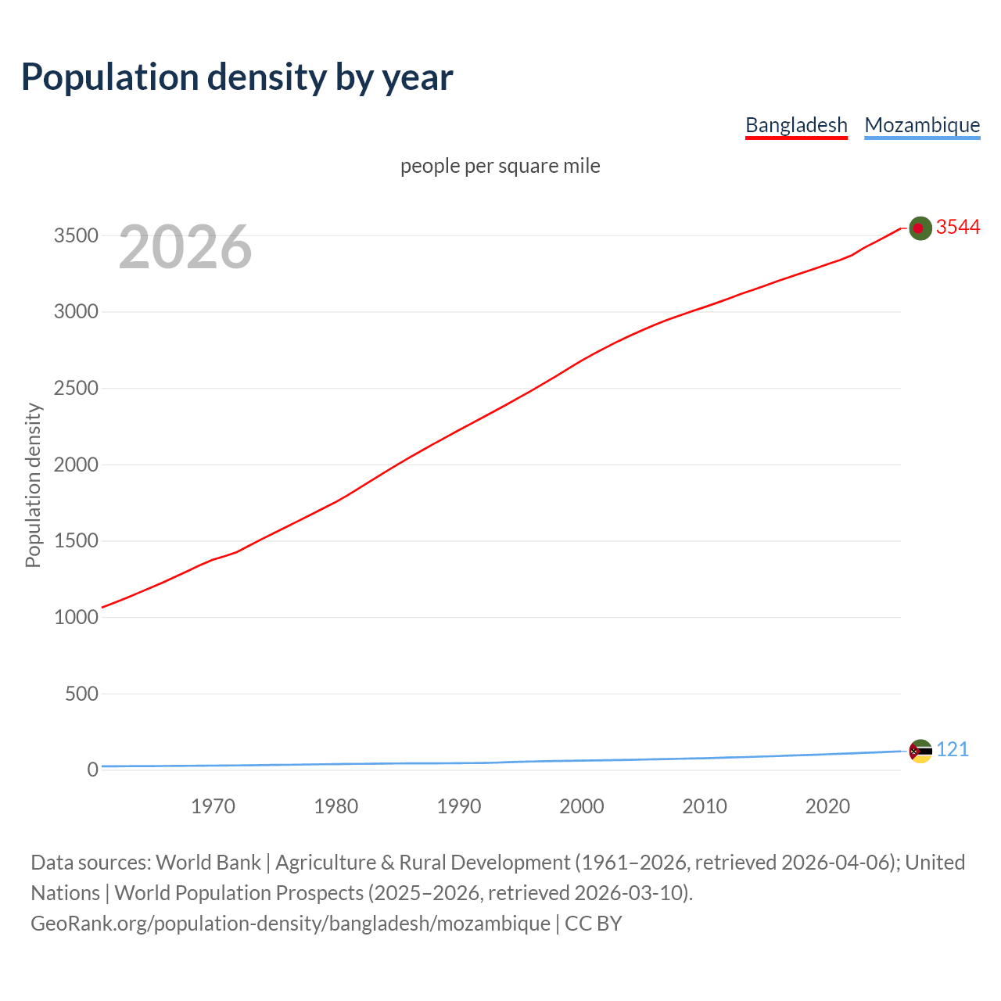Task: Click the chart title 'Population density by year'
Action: coord(237,77)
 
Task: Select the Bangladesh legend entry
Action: coord(796,125)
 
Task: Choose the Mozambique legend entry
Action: coord(922,125)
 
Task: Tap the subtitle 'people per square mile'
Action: coord(500,166)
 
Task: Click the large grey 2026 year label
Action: coord(185,247)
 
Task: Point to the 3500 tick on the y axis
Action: coord(76,235)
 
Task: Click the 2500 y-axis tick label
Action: coord(76,389)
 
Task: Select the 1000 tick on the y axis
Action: coord(76,617)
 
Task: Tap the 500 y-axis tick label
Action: coord(81,694)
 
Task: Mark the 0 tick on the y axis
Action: coord(93,770)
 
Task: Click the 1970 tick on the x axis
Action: coord(213,806)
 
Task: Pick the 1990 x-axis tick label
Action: coord(459,806)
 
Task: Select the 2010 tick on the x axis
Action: coord(705,806)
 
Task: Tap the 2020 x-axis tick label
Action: coord(827,806)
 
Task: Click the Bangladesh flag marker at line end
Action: coord(920,228)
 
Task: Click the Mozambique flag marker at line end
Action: coord(920,751)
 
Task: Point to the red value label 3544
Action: coord(958,227)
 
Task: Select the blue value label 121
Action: coord(953,749)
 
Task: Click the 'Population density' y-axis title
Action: coord(33,485)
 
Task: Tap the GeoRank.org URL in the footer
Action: coord(290,923)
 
